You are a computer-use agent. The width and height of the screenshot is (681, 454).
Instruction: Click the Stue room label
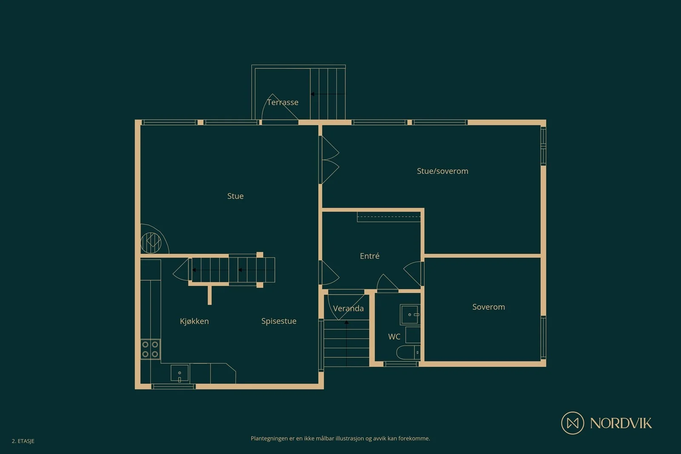235,196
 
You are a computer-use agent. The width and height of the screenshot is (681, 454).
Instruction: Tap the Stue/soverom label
442,171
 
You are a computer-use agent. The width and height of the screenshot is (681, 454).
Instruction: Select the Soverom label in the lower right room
489,307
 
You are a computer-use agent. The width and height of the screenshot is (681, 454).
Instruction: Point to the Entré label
369,256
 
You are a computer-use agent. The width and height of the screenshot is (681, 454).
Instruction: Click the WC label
394,337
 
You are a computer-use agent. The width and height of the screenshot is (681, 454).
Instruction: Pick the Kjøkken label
194,321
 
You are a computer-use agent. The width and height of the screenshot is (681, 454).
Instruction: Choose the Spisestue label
279,321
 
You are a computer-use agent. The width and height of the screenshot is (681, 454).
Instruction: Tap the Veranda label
348,308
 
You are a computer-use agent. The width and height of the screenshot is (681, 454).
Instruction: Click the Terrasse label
283,102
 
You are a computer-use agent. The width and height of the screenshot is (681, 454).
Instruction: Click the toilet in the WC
408,352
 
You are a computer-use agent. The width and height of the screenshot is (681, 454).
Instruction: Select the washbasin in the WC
410,314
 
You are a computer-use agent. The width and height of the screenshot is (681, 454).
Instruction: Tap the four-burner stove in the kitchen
150,349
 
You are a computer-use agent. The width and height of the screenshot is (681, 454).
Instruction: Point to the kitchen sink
179,373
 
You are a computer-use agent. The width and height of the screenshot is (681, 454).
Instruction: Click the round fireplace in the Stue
151,243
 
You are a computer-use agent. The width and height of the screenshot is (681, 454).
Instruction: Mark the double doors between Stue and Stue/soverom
329,160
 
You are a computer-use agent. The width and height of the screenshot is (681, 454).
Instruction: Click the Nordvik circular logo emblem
572,423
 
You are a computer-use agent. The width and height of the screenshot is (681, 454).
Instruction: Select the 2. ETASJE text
23,441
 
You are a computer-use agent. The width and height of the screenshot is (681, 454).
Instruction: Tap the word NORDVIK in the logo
621,423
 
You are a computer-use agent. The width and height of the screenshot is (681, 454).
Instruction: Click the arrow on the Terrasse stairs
328,94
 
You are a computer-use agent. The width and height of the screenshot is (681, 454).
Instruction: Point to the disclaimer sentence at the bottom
340,439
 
